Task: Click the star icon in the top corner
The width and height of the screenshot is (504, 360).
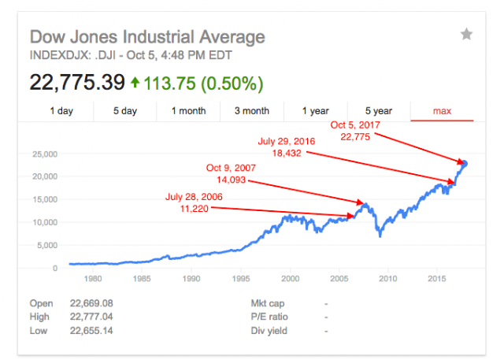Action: click(466, 34)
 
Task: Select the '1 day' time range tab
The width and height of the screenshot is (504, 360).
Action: click(61, 111)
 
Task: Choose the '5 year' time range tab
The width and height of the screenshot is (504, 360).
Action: click(379, 111)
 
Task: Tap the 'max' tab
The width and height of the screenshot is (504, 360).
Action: click(442, 111)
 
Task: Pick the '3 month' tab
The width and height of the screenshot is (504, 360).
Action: click(252, 111)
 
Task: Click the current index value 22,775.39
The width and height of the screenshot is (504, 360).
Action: click(77, 83)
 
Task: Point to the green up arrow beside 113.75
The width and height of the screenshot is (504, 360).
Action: click(135, 82)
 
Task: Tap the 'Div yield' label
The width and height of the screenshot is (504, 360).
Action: click(269, 331)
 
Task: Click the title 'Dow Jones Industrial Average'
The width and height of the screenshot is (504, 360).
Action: click(147, 37)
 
